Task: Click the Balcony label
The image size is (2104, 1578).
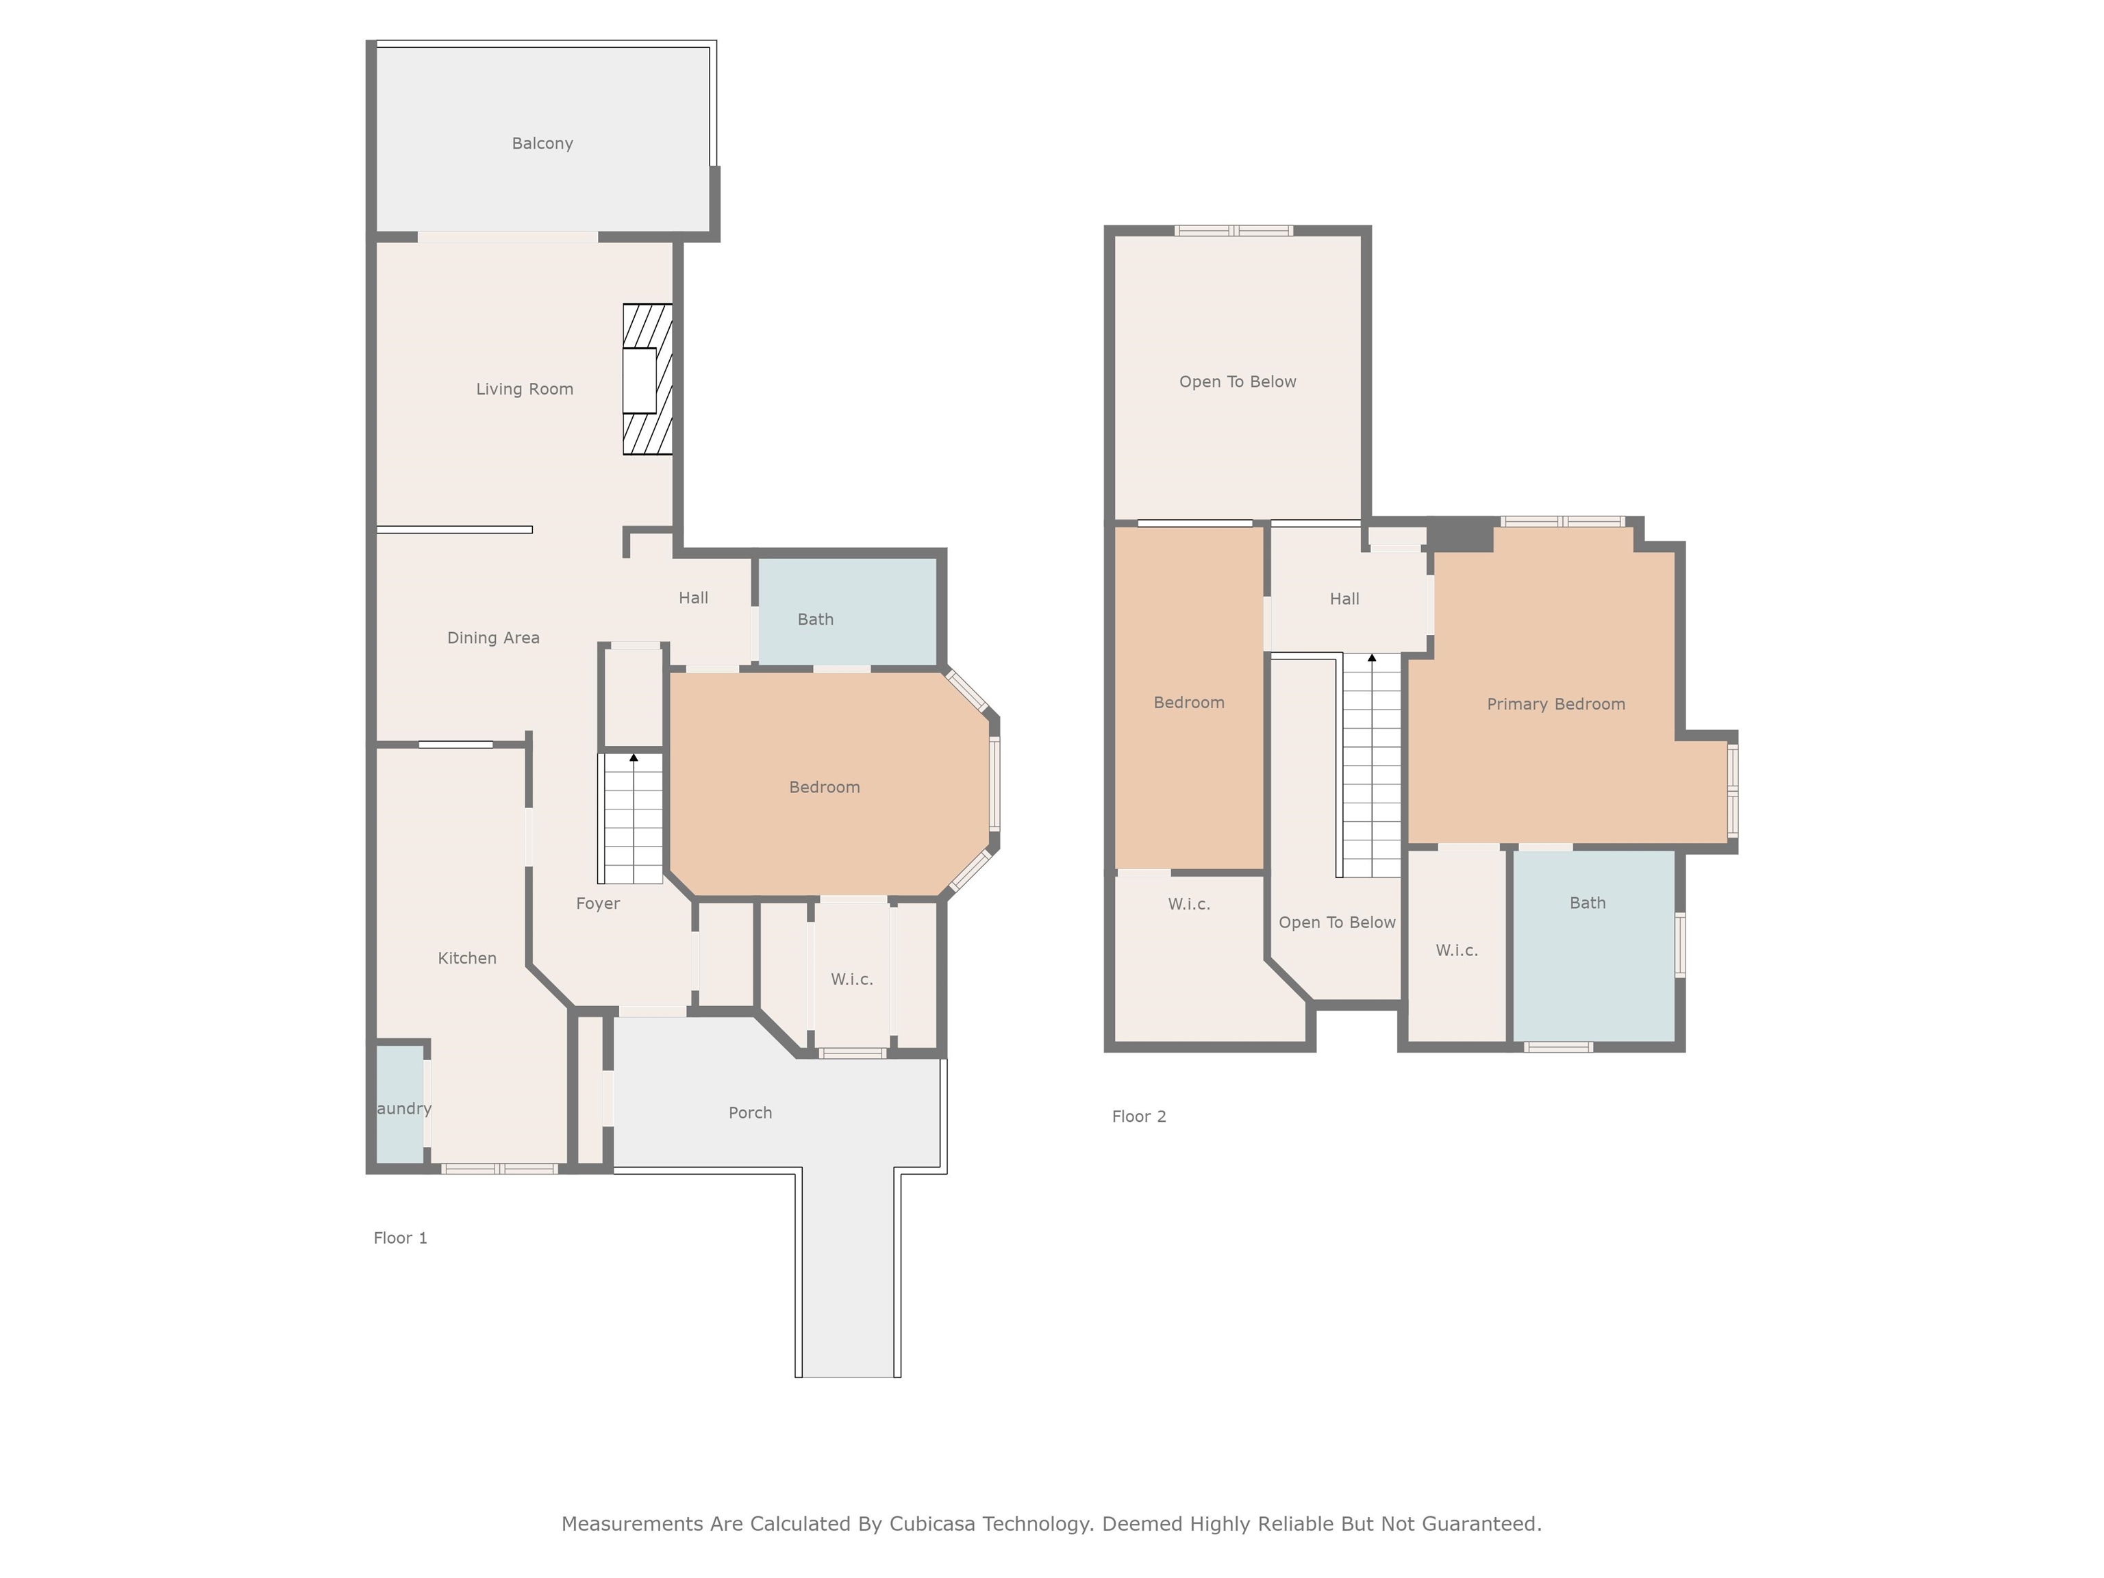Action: [542, 144]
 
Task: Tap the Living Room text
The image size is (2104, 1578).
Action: [524, 389]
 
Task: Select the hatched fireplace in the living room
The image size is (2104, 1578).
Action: [648, 379]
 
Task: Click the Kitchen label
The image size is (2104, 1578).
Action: [466, 959]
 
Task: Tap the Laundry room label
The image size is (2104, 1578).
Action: [403, 1109]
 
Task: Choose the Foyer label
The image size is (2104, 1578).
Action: [597, 903]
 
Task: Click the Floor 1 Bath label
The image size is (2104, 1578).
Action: [815, 619]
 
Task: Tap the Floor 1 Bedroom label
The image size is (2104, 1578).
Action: [824, 788]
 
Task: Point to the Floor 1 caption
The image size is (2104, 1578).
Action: [401, 1238]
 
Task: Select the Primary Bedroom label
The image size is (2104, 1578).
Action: [1555, 705]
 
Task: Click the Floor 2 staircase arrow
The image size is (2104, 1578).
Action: [1372, 658]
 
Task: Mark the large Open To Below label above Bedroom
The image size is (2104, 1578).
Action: [1238, 382]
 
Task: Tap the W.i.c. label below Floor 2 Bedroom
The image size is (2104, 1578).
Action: [1189, 905]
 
